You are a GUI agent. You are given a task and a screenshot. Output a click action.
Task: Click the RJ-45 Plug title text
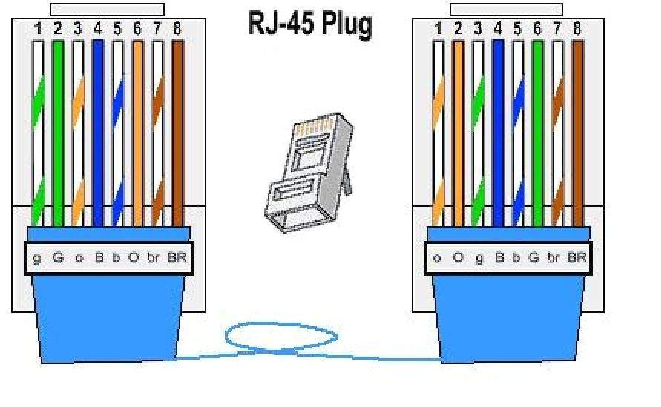pos(309,24)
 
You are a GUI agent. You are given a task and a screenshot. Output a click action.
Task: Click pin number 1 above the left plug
pos(37,30)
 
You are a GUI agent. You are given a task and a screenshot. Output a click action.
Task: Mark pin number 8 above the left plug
pos(177,30)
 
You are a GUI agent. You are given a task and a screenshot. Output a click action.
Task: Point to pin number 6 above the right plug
pos(538,30)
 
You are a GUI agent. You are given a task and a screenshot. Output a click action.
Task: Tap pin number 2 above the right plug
pos(458,30)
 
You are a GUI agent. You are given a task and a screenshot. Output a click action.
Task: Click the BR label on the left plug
pos(177,258)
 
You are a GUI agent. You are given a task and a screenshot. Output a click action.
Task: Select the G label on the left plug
pos(58,258)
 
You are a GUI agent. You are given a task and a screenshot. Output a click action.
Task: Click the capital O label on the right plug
pos(458,258)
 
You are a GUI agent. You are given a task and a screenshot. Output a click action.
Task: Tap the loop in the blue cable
pos(280,337)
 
